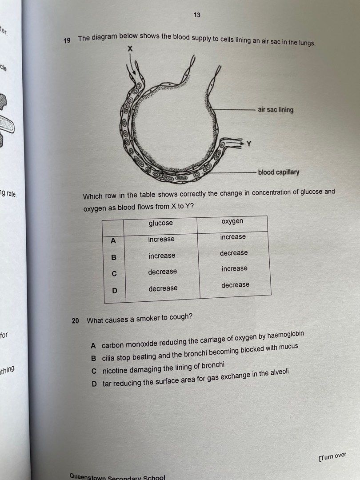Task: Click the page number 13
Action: [x=197, y=15]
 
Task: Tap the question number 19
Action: [x=67, y=40]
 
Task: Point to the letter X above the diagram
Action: [x=130, y=49]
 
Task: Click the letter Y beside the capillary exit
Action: [x=249, y=144]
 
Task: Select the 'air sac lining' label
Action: [x=276, y=110]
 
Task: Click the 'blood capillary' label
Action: [x=279, y=172]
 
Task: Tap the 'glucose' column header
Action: [x=161, y=223]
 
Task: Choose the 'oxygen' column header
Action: [x=232, y=221]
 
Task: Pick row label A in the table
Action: [x=113, y=241]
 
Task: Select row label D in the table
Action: [x=115, y=291]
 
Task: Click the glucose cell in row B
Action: [x=162, y=256]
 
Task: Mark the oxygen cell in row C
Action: [x=235, y=269]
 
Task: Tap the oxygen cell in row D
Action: [x=235, y=285]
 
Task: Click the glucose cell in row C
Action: [x=162, y=272]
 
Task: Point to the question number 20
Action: [x=75, y=320]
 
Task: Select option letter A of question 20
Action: [x=93, y=345]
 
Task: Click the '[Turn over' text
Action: [x=332, y=457]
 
